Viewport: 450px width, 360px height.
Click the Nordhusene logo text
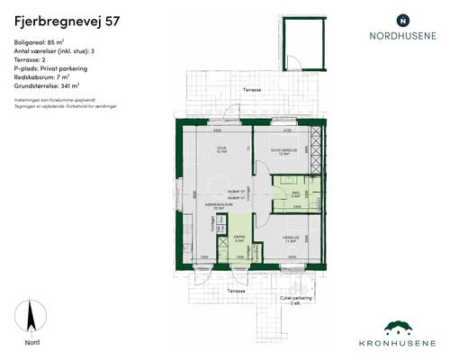(x=402, y=38)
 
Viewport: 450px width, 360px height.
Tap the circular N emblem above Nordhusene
(x=402, y=19)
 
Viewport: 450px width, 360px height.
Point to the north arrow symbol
(x=31, y=317)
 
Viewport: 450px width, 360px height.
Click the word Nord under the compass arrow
(x=31, y=343)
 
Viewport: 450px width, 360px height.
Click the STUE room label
(x=220, y=148)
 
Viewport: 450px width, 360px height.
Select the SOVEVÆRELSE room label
(x=284, y=148)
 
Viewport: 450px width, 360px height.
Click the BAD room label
(x=296, y=193)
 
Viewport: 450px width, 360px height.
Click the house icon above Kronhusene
(x=402, y=327)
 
